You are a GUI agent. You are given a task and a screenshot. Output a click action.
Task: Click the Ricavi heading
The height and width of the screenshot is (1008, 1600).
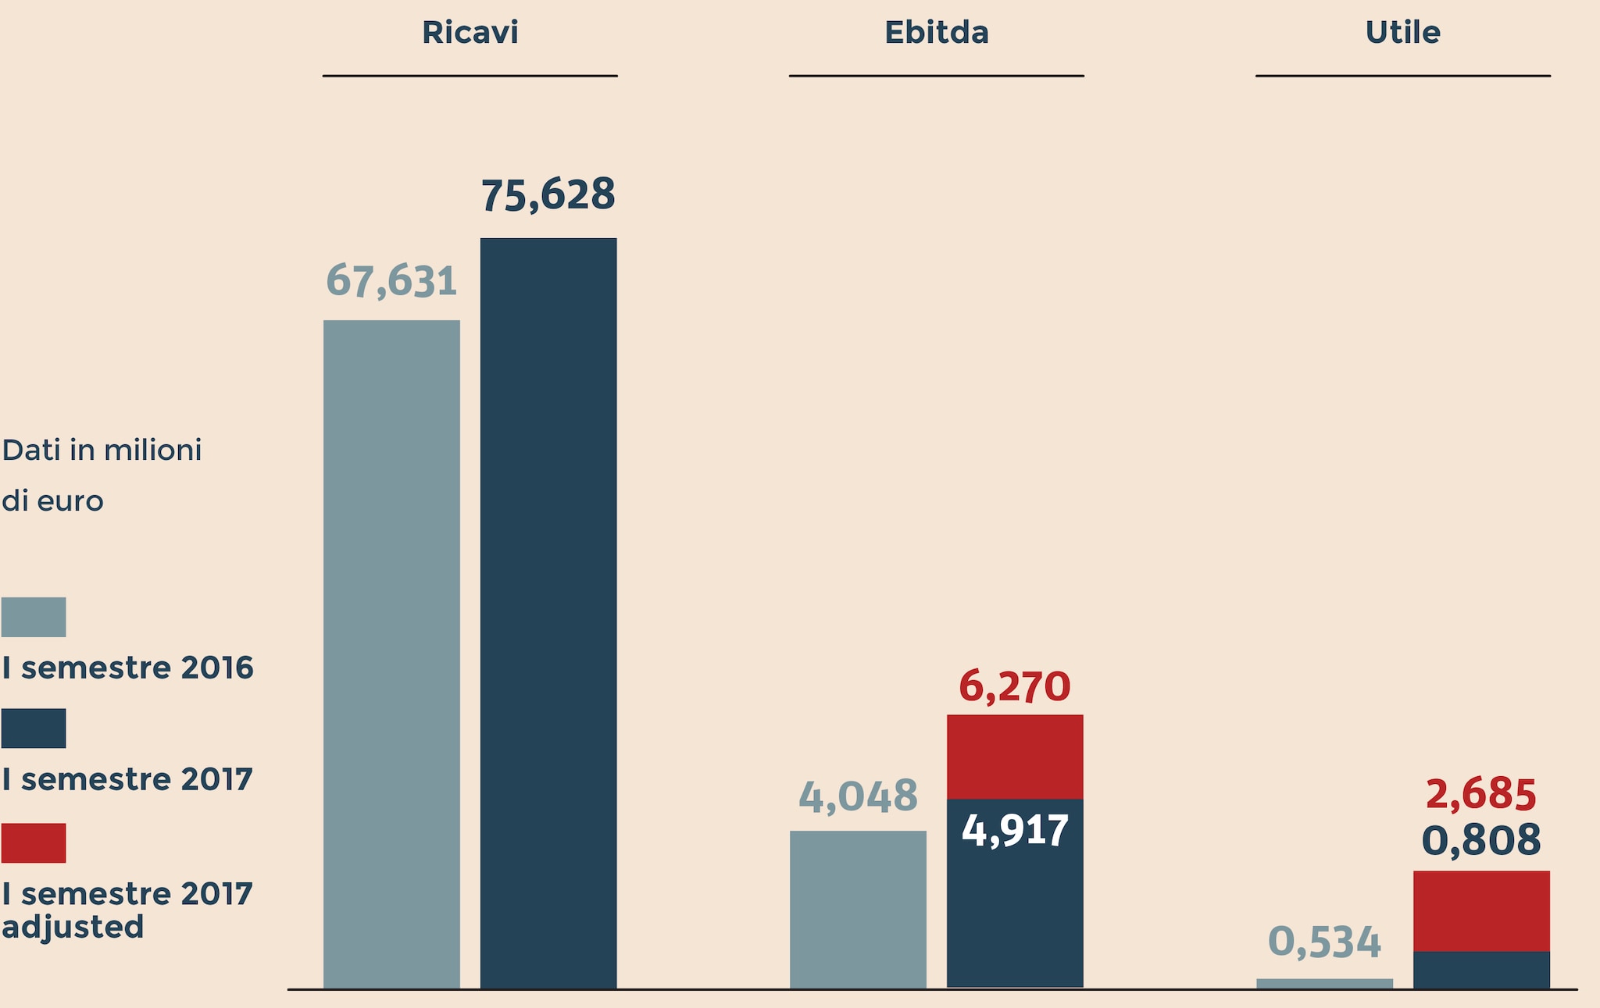tap(470, 33)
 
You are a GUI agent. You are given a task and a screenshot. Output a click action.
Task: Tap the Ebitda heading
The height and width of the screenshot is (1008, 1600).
tap(936, 33)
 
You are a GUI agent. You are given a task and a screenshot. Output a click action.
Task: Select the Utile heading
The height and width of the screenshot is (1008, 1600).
tap(1402, 33)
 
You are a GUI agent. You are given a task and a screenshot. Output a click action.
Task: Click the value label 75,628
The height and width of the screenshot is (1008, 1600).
tap(548, 194)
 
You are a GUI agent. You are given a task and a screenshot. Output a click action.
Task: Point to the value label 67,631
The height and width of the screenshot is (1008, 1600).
tap(391, 281)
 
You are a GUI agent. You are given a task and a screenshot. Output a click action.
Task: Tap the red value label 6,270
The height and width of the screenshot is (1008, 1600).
tap(1014, 686)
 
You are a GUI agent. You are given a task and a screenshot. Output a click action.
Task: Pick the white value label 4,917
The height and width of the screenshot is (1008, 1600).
tap(1014, 830)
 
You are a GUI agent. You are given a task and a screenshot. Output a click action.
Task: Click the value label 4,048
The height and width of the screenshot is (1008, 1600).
tap(858, 796)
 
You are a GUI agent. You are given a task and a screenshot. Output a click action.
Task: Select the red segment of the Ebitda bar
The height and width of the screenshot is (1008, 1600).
tap(1014, 757)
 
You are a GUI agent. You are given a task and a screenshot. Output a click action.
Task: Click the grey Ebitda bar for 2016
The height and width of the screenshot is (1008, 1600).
tap(858, 909)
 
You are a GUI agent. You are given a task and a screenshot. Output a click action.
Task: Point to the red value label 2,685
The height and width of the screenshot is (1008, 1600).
tap(1480, 794)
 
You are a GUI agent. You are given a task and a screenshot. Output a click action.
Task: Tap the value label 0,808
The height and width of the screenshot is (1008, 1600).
tap(1480, 841)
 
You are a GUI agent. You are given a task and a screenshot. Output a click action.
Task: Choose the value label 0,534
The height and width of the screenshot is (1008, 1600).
tap(1324, 942)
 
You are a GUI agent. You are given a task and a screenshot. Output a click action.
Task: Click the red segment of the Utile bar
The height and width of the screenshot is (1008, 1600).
tap(1480, 910)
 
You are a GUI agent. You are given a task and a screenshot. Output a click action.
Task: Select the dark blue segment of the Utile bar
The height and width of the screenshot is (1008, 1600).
tap(1480, 970)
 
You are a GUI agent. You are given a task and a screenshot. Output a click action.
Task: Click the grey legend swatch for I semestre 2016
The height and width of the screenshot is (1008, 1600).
tap(34, 617)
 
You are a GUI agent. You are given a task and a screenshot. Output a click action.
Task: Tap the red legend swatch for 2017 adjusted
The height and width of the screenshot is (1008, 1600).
tap(34, 842)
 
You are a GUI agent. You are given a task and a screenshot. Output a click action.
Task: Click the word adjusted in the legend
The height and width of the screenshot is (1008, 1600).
tap(73, 927)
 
